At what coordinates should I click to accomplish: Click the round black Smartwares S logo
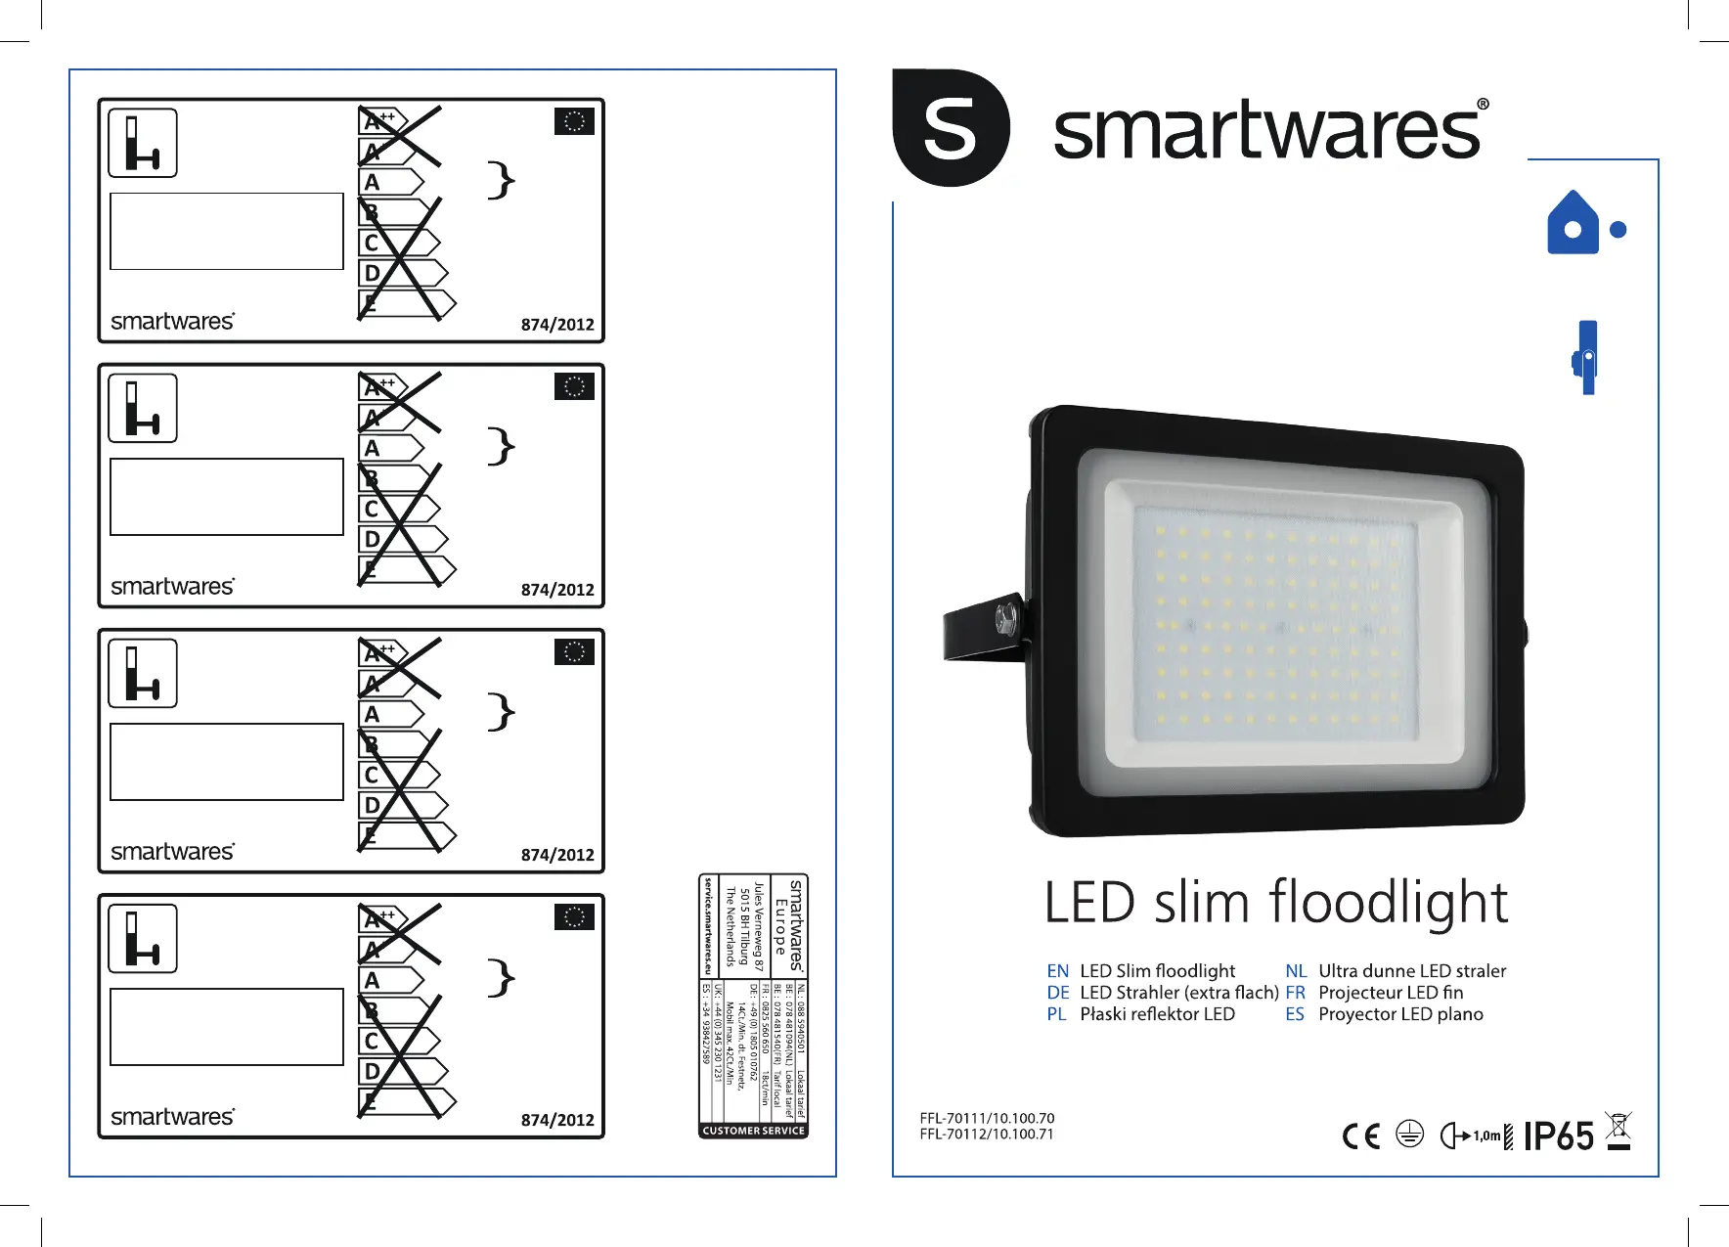click(x=951, y=128)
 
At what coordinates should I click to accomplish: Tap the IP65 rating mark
click(x=1558, y=1136)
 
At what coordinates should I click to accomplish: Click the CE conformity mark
click(x=1361, y=1136)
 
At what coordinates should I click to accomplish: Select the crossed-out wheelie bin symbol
click(x=1619, y=1131)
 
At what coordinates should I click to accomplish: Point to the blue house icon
click(x=1573, y=223)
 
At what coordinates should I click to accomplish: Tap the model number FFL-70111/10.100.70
click(x=987, y=1118)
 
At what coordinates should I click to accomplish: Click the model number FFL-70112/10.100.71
click(x=987, y=1135)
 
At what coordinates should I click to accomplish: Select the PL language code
click(x=1056, y=1014)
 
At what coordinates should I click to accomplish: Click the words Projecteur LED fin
click(x=1391, y=993)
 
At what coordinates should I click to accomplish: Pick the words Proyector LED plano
click(x=1400, y=1014)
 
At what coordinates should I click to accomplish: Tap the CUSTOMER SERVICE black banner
click(x=754, y=1131)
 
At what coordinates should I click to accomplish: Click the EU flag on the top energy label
click(x=574, y=121)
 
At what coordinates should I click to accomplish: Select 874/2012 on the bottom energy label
click(x=557, y=1120)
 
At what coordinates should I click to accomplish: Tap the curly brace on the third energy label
click(x=501, y=711)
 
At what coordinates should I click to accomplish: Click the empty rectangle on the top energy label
click(x=227, y=231)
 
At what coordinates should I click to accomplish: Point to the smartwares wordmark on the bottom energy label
click(x=173, y=1117)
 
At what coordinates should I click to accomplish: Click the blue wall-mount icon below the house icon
click(x=1587, y=357)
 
